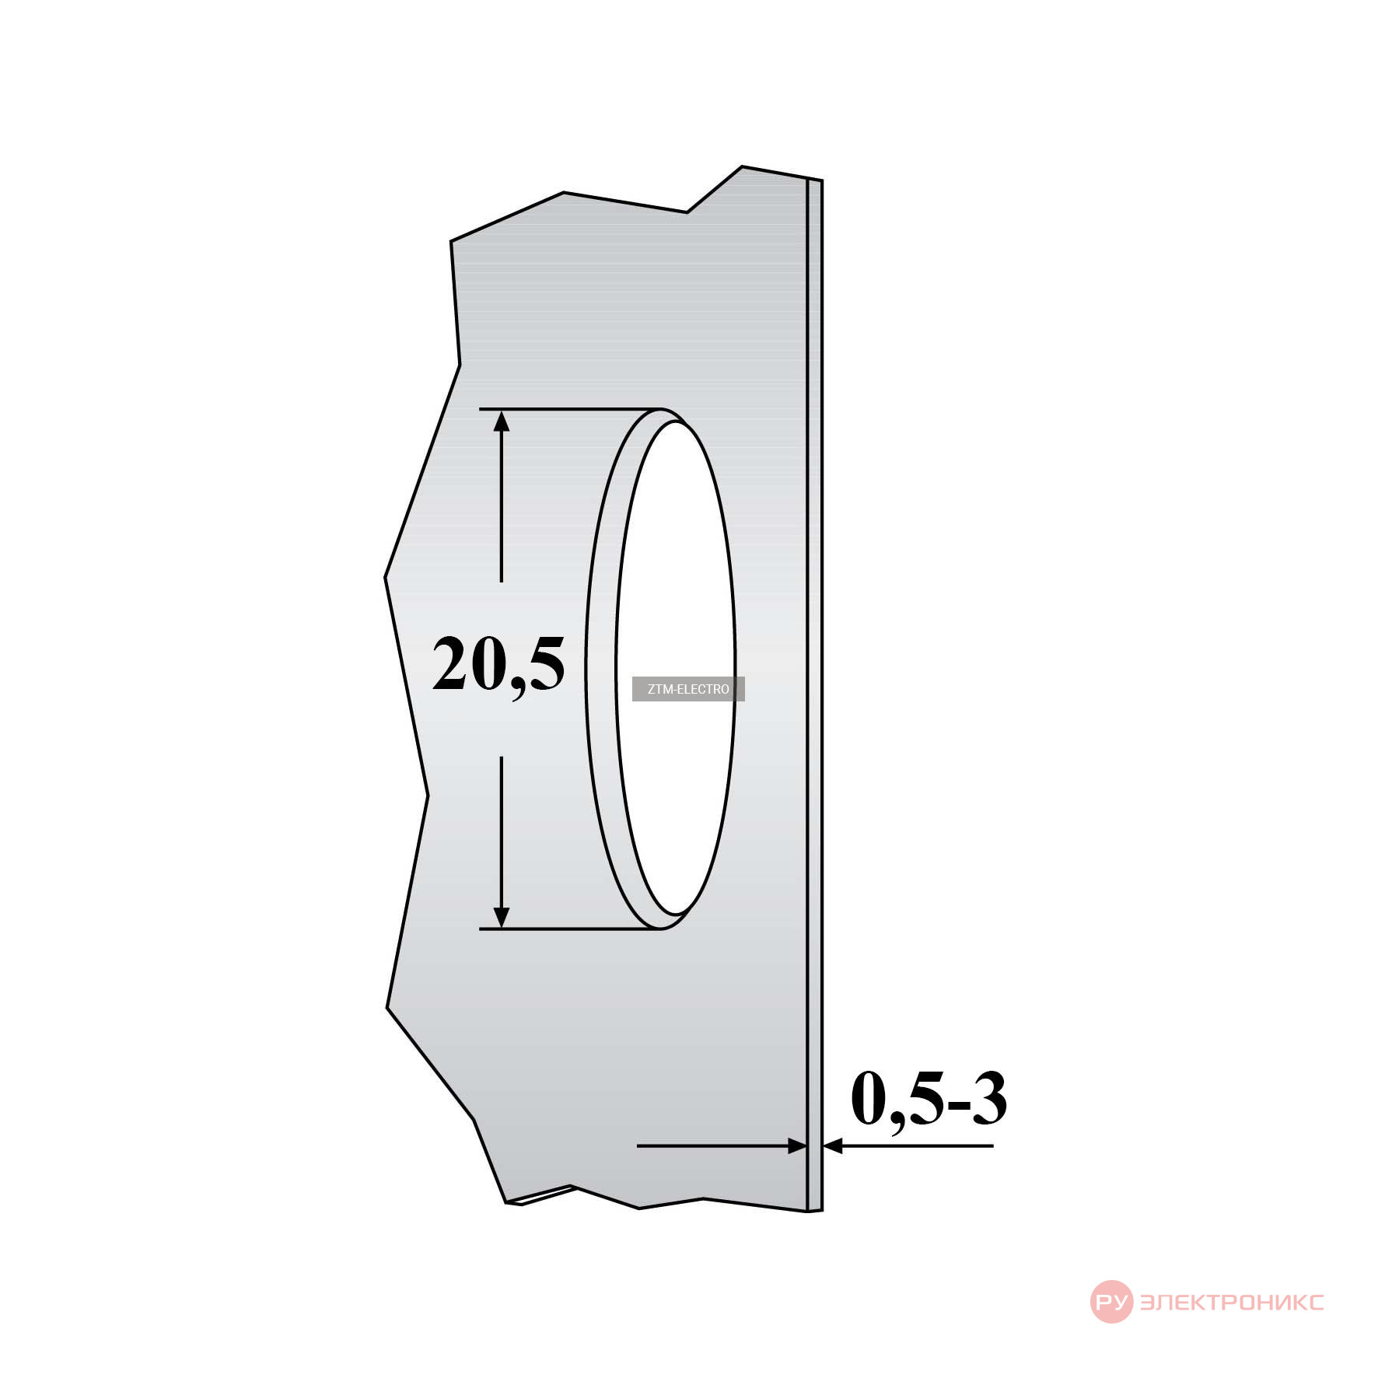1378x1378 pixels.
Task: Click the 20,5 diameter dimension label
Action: click(498, 666)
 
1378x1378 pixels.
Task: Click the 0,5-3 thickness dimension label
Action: click(929, 1099)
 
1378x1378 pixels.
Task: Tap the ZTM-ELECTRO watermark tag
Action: click(688, 689)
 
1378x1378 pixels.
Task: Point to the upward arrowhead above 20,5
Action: click(502, 421)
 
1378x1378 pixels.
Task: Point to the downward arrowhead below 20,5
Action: click(502, 918)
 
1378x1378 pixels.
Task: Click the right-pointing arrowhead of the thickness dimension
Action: click(798, 1145)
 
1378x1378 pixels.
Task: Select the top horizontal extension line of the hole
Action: click(570, 408)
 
